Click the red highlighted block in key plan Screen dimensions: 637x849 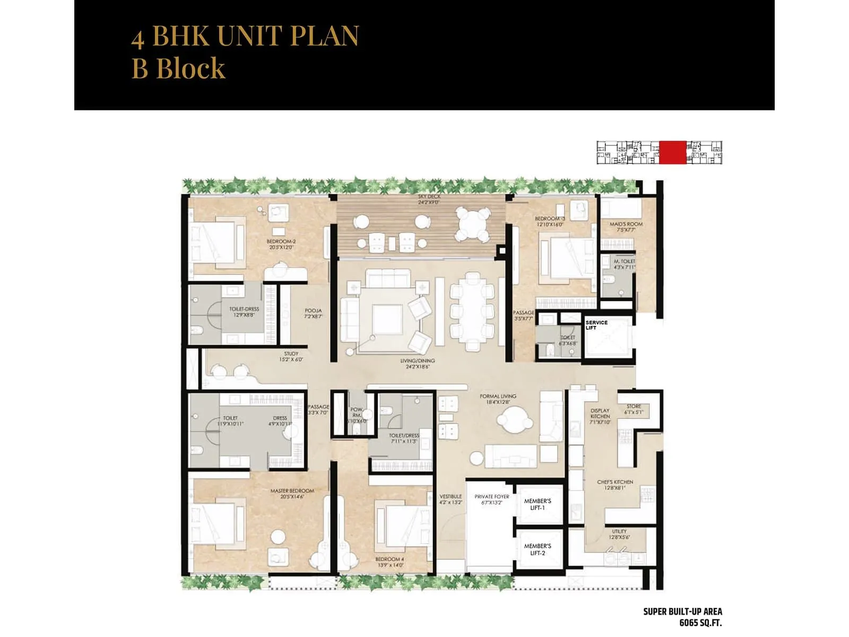click(x=672, y=152)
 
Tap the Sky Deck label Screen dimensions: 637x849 click(x=429, y=199)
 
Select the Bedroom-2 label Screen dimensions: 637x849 click(x=281, y=244)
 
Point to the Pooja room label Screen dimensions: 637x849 click(x=313, y=313)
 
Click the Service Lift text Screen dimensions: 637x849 click(x=596, y=325)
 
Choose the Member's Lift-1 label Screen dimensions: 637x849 click(x=538, y=504)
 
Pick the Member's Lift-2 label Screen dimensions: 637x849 click(x=538, y=549)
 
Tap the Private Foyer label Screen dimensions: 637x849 click(x=492, y=500)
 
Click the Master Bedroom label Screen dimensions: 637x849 click(x=292, y=494)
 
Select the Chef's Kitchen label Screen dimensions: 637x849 click(x=615, y=485)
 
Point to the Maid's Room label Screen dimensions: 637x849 click(x=626, y=227)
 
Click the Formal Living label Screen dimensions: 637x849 click(x=498, y=399)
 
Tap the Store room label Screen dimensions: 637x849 click(x=634, y=409)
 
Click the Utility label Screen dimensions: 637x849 click(x=619, y=534)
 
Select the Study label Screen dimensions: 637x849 click(x=291, y=356)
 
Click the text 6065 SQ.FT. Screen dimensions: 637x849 click(x=700, y=623)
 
